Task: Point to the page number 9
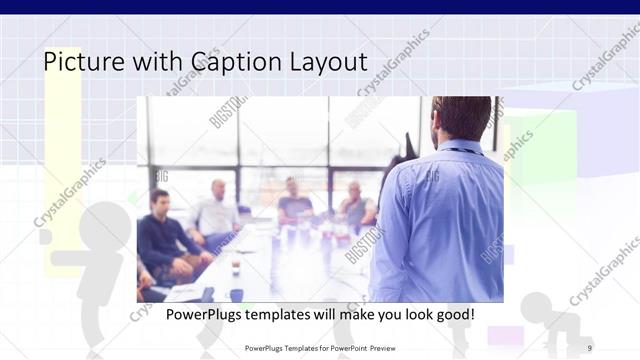[589, 347]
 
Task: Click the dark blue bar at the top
[320, 6]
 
